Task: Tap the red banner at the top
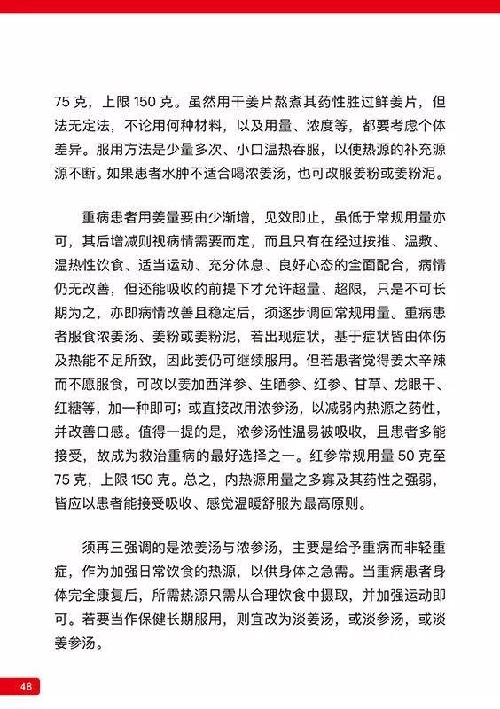(x=250, y=7)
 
